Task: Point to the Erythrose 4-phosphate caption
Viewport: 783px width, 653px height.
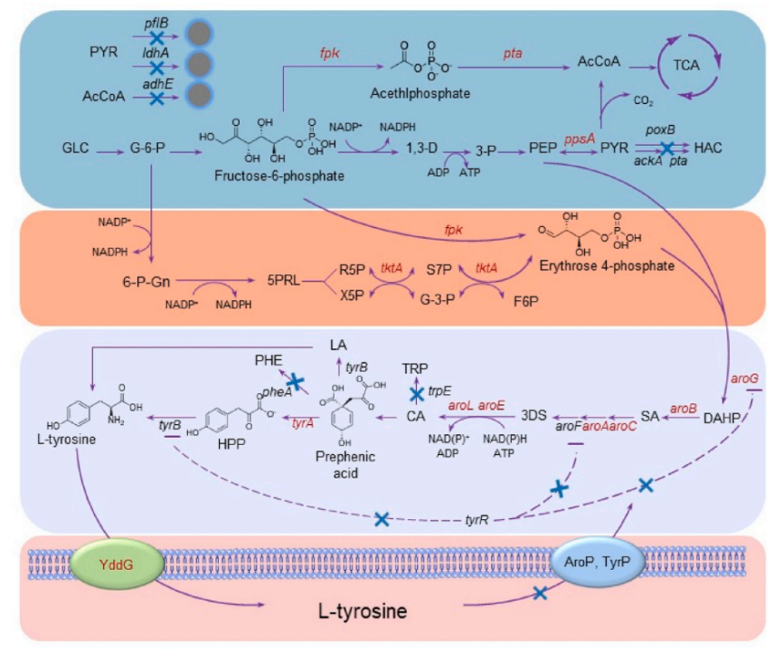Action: [x=619, y=265]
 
